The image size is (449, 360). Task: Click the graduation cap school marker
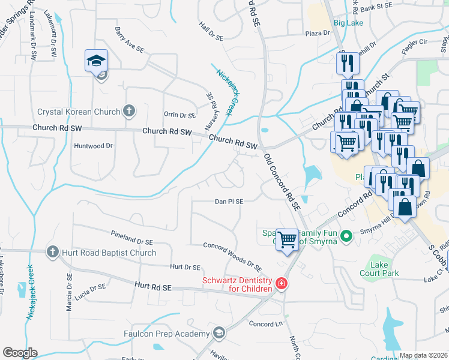coord(96,61)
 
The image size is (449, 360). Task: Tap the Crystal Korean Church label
coord(80,112)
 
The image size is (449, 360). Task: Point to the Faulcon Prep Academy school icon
coord(219,332)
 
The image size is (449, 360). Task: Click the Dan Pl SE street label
coord(229,202)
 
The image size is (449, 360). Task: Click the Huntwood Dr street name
coord(93,146)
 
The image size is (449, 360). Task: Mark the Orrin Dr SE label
coord(180,115)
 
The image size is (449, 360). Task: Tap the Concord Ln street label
coord(265,324)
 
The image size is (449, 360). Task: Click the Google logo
coord(20,353)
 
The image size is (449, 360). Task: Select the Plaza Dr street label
coord(318,33)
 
